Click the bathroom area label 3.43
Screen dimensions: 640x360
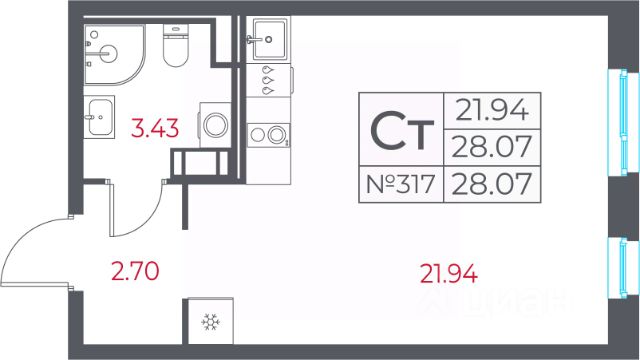[x=155, y=128]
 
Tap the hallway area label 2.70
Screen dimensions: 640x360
[x=135, y=271]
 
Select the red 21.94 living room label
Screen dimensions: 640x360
[x=449, y=273]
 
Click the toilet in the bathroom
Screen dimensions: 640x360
[x=176, y=45]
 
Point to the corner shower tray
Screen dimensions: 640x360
[x=114, y=54]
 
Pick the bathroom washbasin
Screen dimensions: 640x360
[x=99, y=117]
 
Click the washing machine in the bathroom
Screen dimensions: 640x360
[x=215, y=124]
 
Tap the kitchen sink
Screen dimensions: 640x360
[x=269, y=40]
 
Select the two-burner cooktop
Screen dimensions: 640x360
[x=268, y=135]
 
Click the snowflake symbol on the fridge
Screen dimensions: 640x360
[x=211, y=322]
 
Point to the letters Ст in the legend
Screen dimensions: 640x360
[x=402, y=131]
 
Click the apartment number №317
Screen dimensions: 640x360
[x=400, y=184]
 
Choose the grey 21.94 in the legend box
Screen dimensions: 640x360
[x=492, y=110]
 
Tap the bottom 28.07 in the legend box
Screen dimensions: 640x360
[x=492, y=184]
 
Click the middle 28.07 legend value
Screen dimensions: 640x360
[x=492, y=147]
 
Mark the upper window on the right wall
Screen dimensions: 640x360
[x=623, y=122]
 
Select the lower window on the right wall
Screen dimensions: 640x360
[x=623, y=268]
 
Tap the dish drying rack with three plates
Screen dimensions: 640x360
[x=269, y=80]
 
